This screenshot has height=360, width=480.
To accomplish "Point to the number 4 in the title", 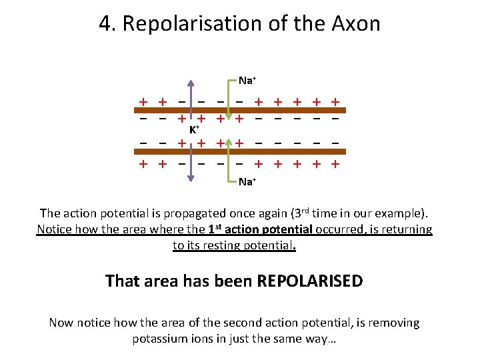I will pyautogui.click(x=104, y=24).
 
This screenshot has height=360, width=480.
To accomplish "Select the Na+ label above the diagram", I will pyautogui.click(x=247, y=81).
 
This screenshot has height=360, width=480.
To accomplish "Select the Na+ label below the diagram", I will pyautogui.click(x=247, y=181).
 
